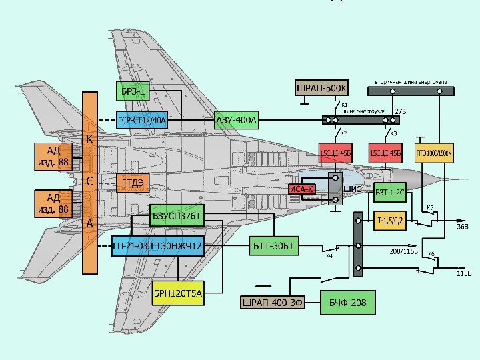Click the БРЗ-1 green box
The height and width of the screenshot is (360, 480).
click(x=133, y=91)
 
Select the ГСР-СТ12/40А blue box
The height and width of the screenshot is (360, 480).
click(x=141, y=121)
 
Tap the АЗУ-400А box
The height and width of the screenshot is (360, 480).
click(x=236, y=121)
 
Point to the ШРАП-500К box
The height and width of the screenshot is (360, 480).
click(x=321, y=88)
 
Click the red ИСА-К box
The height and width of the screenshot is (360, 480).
click(x=301, y=190)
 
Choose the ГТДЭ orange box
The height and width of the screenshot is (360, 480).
click(x=132, y=183)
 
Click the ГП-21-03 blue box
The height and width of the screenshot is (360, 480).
click(x=130, y=247)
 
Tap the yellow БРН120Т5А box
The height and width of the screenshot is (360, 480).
click(x=177, y=292)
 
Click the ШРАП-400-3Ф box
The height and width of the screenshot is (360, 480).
click(x=272, y=303)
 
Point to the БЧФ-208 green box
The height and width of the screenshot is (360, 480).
click(x=347, y=303)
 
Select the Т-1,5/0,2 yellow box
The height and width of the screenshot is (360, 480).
click(x=390, y=219)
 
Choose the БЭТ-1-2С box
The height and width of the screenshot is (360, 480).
click(x=389, y=193)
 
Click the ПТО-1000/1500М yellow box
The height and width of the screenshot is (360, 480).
click(x=434, y=154)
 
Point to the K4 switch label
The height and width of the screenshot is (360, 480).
click(x=329, y=255)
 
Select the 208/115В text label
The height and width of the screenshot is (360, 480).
click(x=403, y=252)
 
